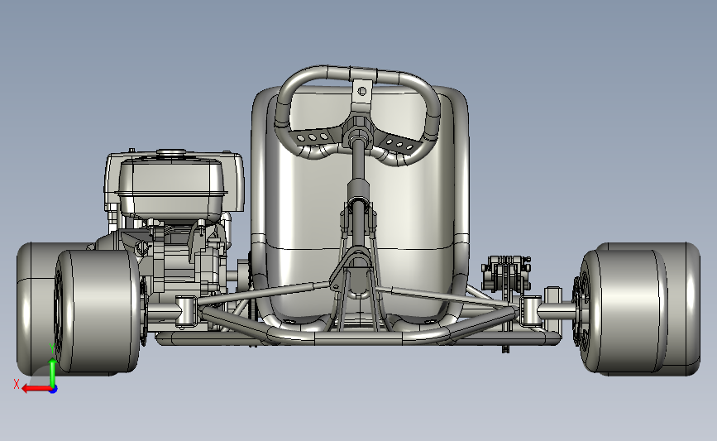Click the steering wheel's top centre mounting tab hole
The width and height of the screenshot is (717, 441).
(x=361, y=92)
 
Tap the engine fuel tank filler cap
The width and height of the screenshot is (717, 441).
(x=171, y=152)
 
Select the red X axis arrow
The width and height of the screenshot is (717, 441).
(x=37, y=389)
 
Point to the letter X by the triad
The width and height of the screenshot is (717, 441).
(x=17, y=384)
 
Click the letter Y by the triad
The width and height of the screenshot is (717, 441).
(x=53, y=349)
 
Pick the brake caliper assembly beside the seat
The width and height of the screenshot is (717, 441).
(x=506, y=275)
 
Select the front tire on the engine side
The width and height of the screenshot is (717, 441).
(x=97, y=310)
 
